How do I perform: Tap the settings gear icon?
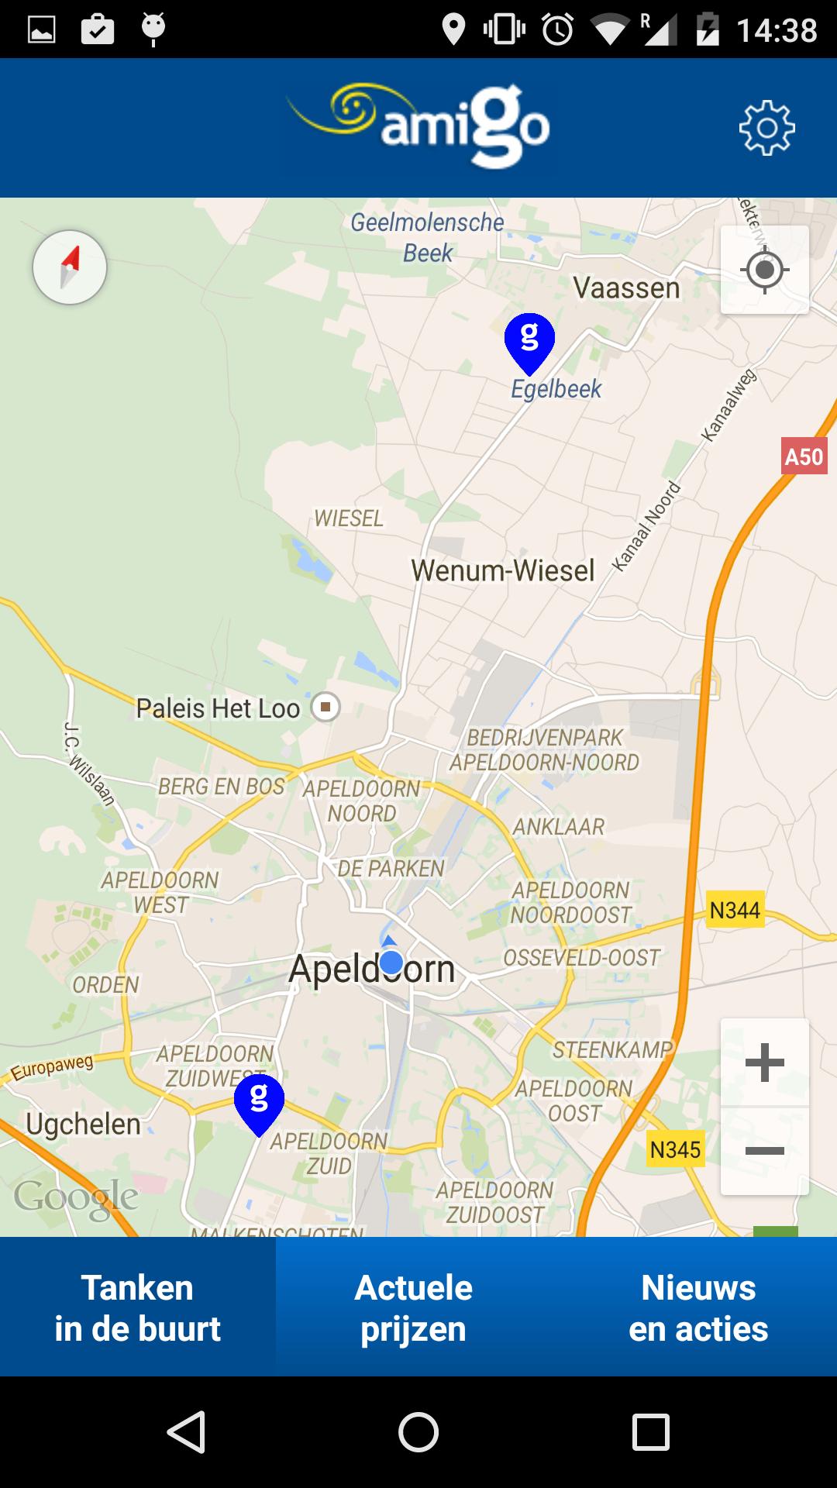[766, 128]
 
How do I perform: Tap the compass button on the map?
[70, 267]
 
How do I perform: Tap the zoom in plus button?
[764, 1062]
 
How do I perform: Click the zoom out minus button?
[764, 1151]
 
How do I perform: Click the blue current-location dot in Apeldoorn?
[391, 963]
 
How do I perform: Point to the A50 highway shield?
[804, 456]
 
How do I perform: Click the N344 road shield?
[735, 910]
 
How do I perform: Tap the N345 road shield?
[675, 1149]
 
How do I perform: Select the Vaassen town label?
[626, 288]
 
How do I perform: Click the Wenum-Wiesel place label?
[502, 571]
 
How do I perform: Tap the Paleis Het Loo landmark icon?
[325, 707]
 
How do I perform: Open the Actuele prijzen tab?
[413, 1307]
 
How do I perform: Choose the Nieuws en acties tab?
[698, 1307]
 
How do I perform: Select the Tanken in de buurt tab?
[137, 1307]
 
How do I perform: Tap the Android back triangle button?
[186, 1431]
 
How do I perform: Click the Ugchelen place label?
[83, 1124]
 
